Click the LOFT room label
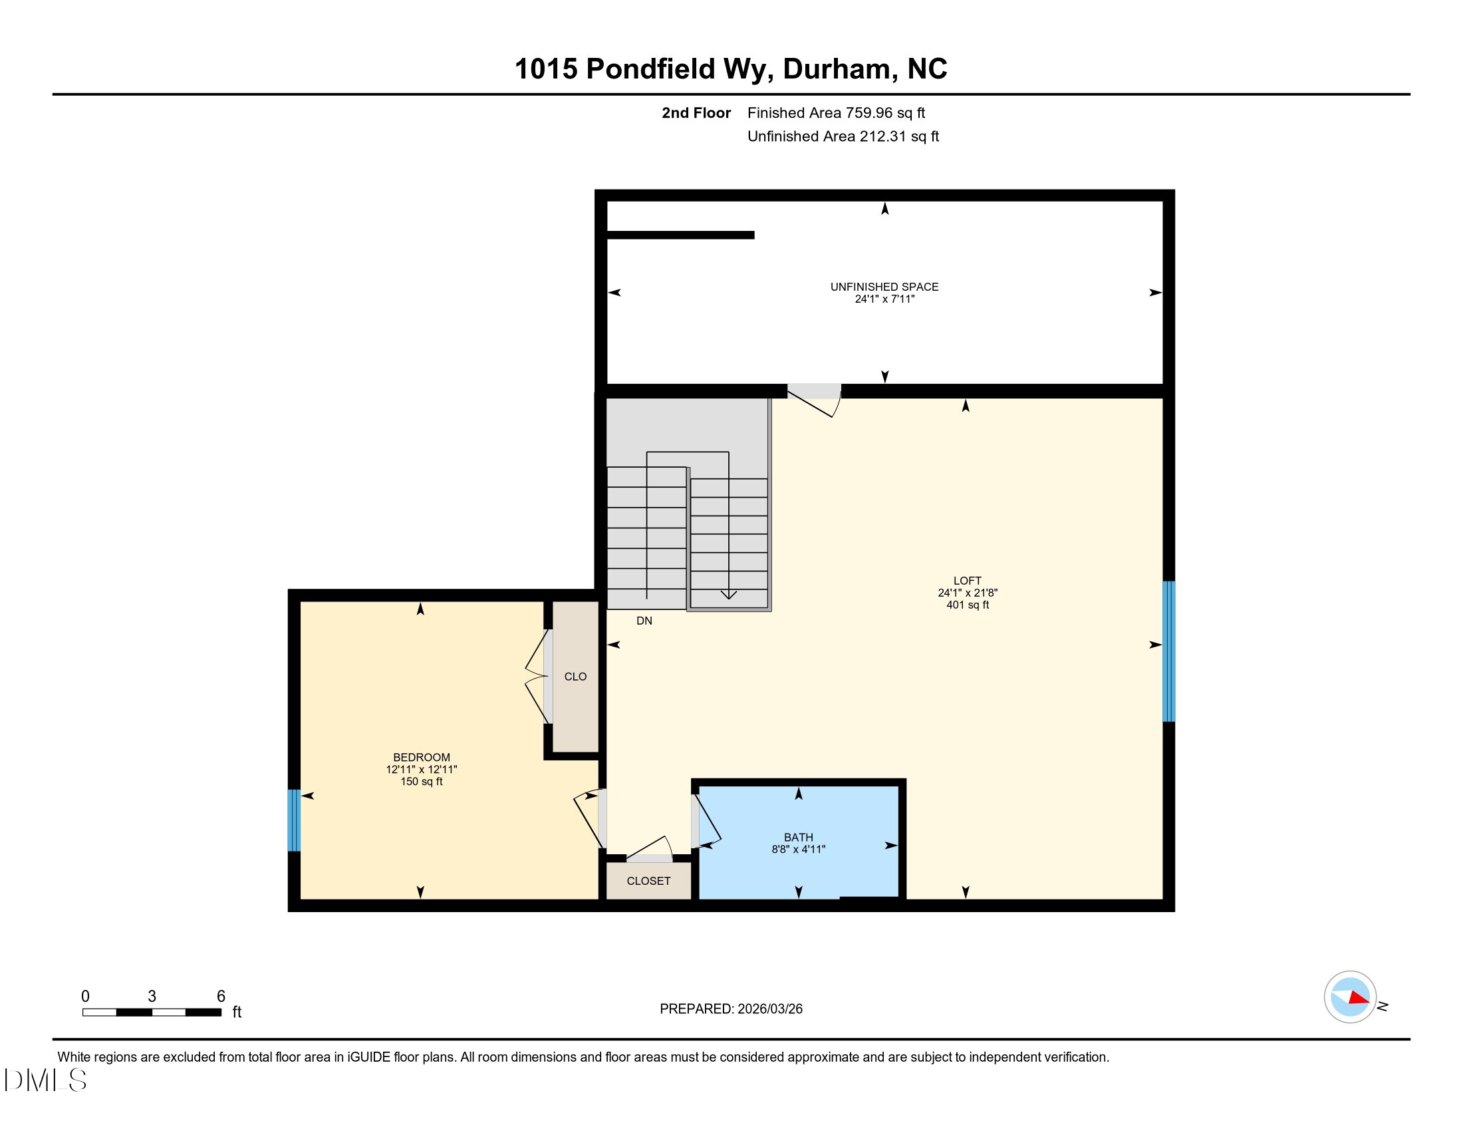tap(968, 581)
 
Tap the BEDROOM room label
tap(422, 758)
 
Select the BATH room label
tap(799, 838)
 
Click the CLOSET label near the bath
tap(648, 881)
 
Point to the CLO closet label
tap(575, 677)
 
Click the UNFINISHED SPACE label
tap(884, 287)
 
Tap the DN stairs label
tap(644, 621)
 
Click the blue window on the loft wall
tap(1168, 651)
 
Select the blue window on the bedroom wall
tap(293, 820)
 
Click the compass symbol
tap(1350, 997)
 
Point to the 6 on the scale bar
tap(221, 997)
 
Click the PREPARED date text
tap(731, 1009)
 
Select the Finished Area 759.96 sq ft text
tap(836, 113)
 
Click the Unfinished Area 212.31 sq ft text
tap(843, 136)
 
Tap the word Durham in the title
tap(836, 69)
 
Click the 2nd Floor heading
tap(696, 113)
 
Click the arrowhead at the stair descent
tap(728, 594)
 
